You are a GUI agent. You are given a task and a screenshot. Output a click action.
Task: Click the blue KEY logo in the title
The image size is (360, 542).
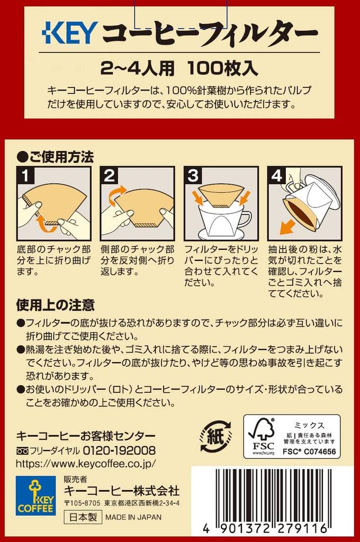coord(69,33)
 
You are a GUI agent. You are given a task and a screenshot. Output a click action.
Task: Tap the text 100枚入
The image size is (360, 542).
coord(223,67)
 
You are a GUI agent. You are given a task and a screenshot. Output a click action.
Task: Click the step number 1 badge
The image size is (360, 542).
coord(25,175)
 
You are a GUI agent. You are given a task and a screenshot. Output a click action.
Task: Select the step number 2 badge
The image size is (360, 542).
coord(109,175)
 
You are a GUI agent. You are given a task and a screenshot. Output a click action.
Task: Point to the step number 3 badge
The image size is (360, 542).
coord(193,175)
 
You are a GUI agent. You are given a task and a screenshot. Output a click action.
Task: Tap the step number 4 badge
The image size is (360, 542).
coord(277,175)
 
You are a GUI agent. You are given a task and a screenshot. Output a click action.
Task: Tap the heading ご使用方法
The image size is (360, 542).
coord(56,157)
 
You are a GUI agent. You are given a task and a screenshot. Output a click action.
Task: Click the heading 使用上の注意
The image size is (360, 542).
coord(56,305)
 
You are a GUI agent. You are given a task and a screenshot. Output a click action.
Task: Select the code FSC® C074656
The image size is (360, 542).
coord(309,451)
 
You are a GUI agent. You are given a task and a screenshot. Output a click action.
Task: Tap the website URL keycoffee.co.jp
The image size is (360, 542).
coord(86,463)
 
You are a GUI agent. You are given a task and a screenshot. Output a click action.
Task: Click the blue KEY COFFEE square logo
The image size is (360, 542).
coord(35,495)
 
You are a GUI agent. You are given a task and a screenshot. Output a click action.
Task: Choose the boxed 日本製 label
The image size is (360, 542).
coord(83,517)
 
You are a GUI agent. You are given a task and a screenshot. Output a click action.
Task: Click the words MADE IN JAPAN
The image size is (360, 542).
coord(133,518)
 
